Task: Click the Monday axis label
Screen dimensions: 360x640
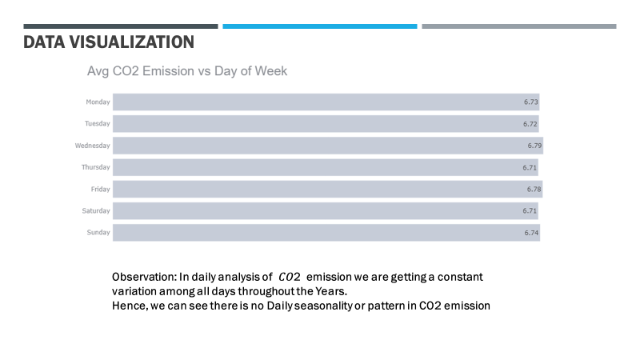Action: (x=98, y=102)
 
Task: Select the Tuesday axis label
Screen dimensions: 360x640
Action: (x=97, y=124)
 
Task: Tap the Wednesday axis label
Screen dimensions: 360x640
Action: (x=93, y=146)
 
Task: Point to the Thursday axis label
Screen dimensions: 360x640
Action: (x=95, y=167)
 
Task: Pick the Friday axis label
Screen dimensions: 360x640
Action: (x=100, y=189)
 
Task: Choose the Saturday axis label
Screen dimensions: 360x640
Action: (x=96, y=210)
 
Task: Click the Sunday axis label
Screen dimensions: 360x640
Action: (x=98, y=232)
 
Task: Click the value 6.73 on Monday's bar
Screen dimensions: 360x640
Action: (x=531, y=102)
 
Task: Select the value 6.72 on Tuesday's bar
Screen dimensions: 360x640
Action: (x=530, y=124)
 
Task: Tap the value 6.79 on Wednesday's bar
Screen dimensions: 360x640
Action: (x=534, y=146)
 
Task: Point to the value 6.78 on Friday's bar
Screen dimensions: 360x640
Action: (x=534, y=189)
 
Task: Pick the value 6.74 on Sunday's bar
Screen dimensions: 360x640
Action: (x=531, y=232)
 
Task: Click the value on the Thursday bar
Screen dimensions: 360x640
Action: (x=530, y=167)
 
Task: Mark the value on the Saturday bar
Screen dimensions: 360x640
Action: (x=530, y=210)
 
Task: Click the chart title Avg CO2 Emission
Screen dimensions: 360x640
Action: (x=186, y=71)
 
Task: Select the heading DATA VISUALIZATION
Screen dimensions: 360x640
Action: (x=108, y=42)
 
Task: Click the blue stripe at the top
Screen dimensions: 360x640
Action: (x=319, y=26)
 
